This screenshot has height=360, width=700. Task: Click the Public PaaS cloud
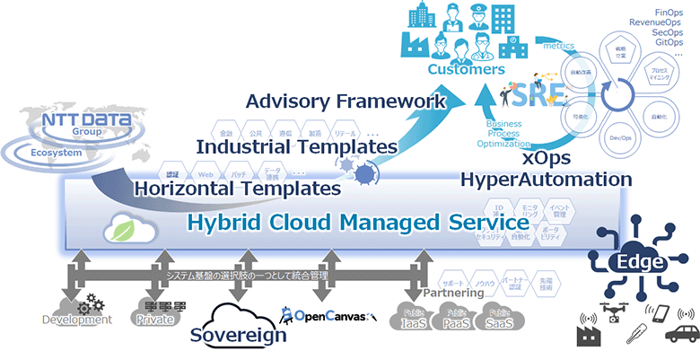[455, 320]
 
